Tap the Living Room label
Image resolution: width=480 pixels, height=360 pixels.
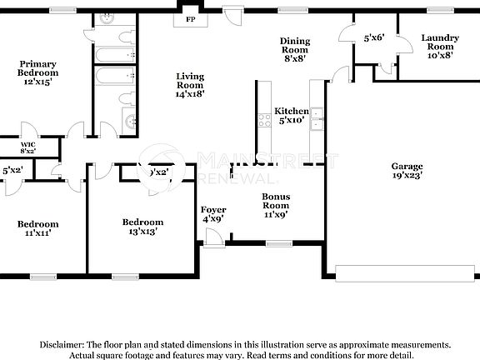[x=190, y=85]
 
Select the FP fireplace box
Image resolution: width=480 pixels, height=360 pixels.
[x=190, y=18]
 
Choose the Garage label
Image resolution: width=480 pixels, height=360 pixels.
[x=407, y=166]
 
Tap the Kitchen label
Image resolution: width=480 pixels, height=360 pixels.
[x=292, y=111]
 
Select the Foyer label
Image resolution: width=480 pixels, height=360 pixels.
[x=212, y=214]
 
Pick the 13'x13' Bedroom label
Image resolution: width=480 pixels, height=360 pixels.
[x=142, y=227]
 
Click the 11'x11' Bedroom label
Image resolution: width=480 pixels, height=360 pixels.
[x=38, y=228]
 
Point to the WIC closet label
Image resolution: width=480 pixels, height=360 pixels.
[x=28, y=147]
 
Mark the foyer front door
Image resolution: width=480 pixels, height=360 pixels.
[x=214, y=238]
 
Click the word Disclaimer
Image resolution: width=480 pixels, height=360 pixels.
[x=60, y=344]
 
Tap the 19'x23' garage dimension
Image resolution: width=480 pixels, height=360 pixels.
[x=407, y=175]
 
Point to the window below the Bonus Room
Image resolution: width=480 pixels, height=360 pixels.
[x=275, y=243]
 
